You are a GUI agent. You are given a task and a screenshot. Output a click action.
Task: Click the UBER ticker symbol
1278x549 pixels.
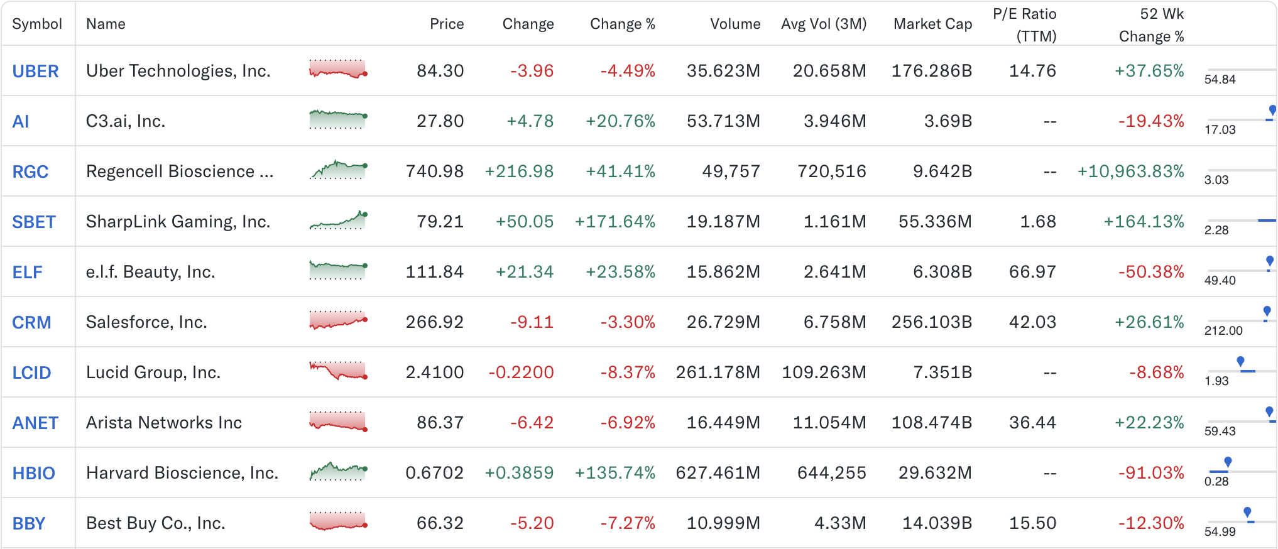35,71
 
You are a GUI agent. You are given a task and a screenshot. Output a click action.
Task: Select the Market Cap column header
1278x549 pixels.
932,24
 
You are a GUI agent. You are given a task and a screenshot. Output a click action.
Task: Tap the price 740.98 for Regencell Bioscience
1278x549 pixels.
434,171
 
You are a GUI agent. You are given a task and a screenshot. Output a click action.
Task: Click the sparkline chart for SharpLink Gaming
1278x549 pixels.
338,220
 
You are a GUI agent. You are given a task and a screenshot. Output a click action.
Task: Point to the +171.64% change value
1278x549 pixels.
614,222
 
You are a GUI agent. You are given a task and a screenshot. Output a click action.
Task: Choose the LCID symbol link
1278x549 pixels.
31,372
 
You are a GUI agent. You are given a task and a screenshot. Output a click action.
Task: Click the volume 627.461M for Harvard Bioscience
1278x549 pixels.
718,473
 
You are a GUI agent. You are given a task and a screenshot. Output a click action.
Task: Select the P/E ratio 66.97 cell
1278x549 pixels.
1032,272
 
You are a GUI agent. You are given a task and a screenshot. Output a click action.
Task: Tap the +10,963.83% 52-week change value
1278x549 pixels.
1130,171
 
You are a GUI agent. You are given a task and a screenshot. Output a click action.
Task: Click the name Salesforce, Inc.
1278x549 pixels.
146,322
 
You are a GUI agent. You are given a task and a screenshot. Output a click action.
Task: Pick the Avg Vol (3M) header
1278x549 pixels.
823,24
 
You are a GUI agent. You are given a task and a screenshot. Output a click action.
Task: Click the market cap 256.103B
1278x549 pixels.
931,322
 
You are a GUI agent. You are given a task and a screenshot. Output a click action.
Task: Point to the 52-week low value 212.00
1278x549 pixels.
1223,331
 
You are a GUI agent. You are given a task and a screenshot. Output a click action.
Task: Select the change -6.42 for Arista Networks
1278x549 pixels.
532,423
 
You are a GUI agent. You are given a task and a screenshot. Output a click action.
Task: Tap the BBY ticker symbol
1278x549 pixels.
29,523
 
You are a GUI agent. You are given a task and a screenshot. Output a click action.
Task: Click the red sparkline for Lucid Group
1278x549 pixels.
338,371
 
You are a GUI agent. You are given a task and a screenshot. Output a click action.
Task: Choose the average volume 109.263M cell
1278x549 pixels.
823,372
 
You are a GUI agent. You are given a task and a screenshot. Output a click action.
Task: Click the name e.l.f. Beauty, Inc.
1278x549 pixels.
150,272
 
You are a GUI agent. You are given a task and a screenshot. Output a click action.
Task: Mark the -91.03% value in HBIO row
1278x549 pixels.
1150,473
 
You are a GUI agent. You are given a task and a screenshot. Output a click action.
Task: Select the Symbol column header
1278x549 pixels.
37,24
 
